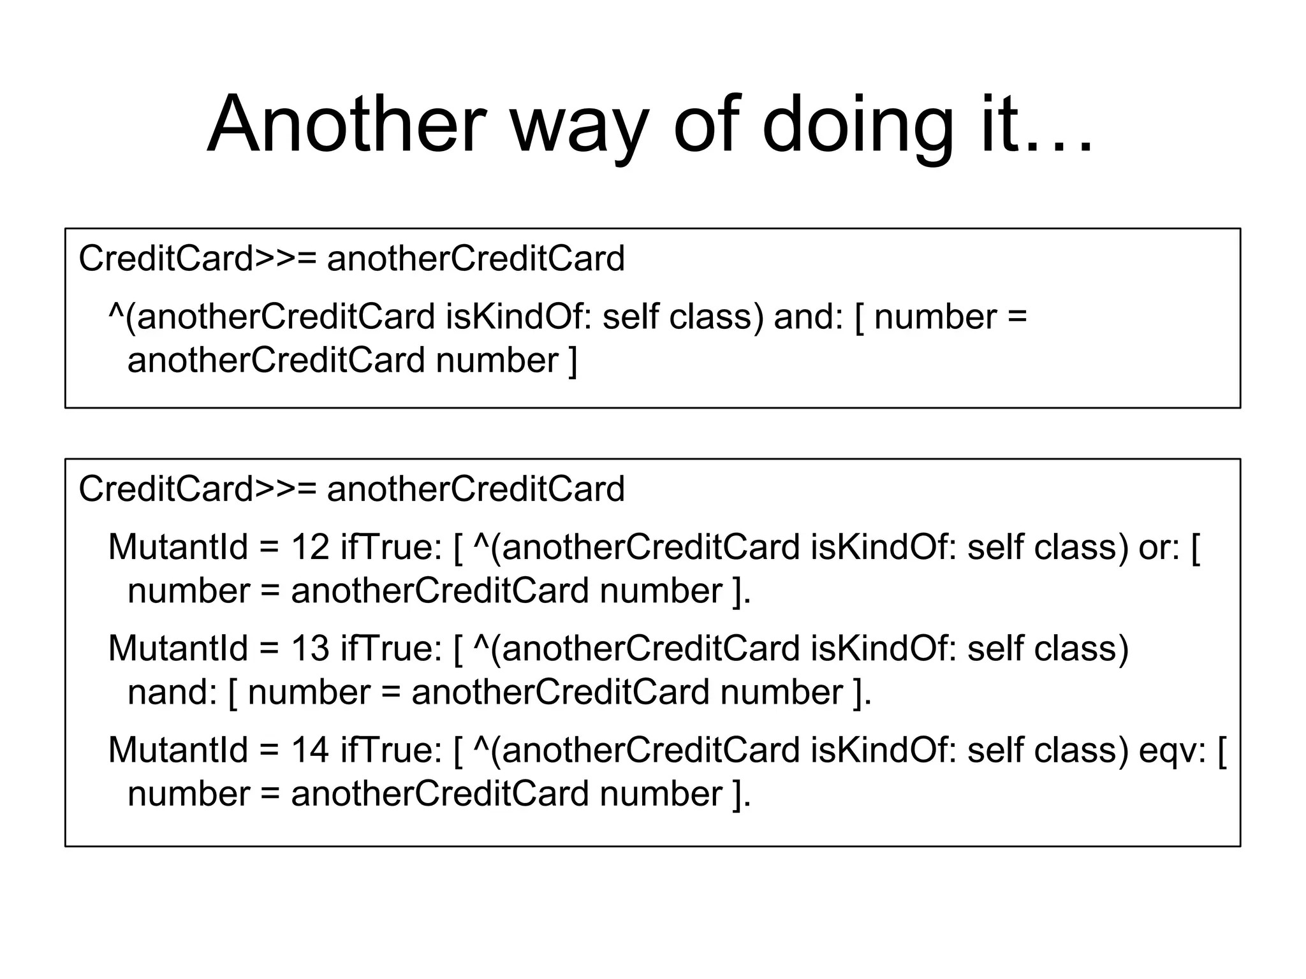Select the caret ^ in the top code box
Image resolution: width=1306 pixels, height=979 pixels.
click(x=116, y=312)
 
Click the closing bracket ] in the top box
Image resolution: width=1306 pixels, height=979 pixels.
click(x=572, y=361)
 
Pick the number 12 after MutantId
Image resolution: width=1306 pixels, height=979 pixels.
click(x=311, y=548)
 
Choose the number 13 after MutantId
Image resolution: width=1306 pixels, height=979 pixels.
click(x=311, y=649)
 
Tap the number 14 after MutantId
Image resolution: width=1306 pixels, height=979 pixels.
click(x=311, y=750)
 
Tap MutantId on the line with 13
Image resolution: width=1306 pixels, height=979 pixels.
click(x=178, y=649)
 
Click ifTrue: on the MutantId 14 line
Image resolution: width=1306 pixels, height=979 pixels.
click(x=391, y=750)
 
